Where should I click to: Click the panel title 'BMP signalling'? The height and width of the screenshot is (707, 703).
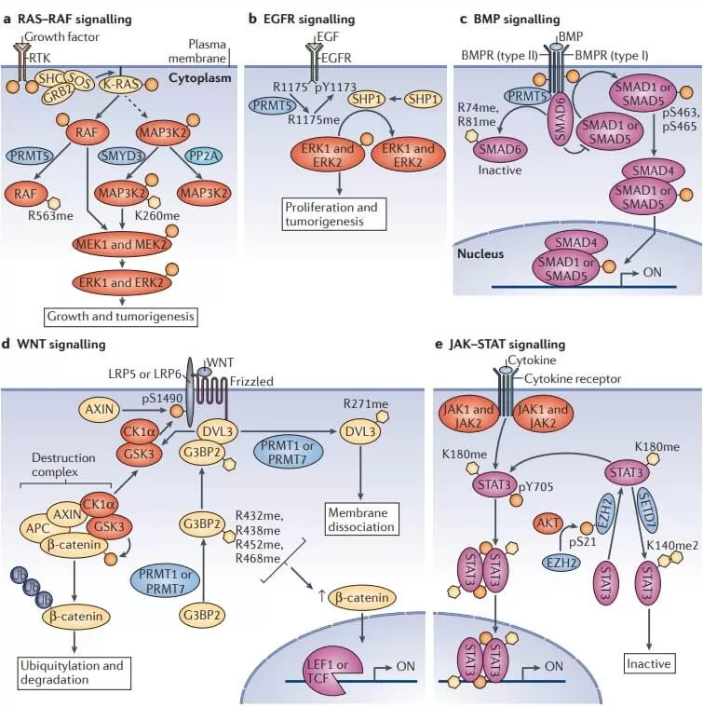point(520,18)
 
